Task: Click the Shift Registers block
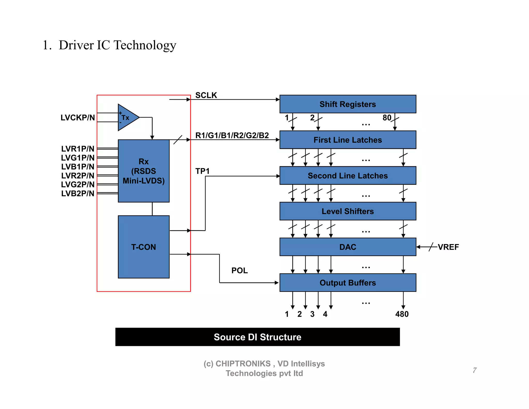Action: (x=348, y=104)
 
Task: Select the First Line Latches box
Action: (x=348, y=140)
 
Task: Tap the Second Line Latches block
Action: (x=348, y=175)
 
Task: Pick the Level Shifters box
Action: (x=348, y=211)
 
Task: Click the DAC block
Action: (x=348, y=247)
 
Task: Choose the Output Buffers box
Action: (x=348, y=282)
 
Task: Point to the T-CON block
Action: (x=144, y=247)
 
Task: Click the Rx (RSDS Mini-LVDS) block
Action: (x=144, y=171)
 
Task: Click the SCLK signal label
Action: (x=206, y=95)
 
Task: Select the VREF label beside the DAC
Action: (x=448, y=247)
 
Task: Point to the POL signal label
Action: (x=239, y=270)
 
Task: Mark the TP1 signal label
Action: (x=202, y=171)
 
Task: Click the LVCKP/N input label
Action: (x=78, y=118)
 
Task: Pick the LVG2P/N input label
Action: (x=78, y=184)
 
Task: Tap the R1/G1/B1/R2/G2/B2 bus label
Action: (x=232, y=135)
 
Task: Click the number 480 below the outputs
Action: (x=402, y=314)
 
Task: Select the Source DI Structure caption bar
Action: (x=258, y=337)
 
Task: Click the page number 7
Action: (x=475, y=370)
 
